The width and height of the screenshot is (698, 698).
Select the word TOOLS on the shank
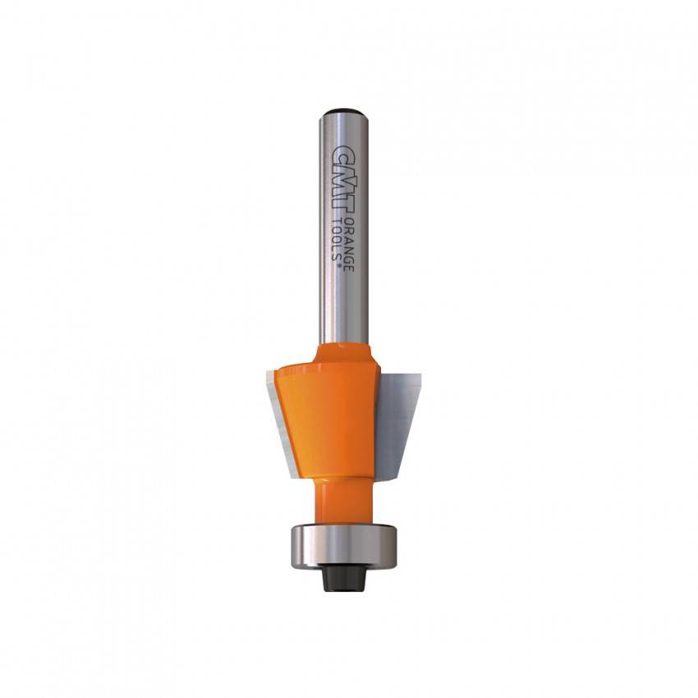point(339,240)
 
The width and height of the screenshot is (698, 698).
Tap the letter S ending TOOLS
point(339,257)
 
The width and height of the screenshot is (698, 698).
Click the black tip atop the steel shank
point(343,112)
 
